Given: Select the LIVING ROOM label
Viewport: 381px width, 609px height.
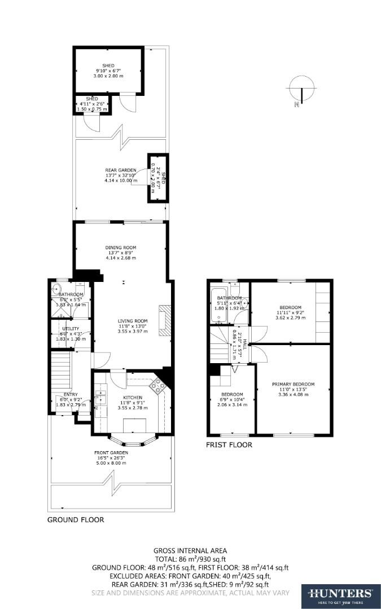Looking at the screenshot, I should point(132,321).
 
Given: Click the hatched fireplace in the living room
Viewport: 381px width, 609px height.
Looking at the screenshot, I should point(164,320).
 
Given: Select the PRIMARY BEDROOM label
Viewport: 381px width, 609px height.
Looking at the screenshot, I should point(296,385).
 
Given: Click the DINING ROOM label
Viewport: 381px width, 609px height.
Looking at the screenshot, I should point(120,248).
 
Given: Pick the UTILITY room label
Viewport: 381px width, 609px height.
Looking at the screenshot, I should point(71,328).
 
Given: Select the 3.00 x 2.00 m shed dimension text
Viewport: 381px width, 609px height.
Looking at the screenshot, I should point(108,75).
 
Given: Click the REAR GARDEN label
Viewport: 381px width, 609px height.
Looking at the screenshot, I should point(120,170).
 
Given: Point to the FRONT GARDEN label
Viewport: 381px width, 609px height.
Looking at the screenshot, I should point(111,453).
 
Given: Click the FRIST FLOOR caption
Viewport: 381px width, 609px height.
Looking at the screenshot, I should point(229,445).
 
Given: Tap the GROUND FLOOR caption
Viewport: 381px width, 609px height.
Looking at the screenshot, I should point(75,520).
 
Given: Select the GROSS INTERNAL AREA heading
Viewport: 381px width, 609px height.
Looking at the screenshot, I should point(190,550).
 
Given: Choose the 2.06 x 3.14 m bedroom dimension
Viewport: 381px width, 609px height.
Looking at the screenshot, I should point(232,404).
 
